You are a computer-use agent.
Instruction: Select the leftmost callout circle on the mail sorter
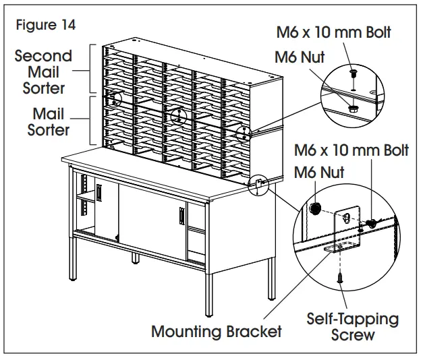(116, 100)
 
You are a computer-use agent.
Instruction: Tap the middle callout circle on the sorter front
(177, 115)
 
